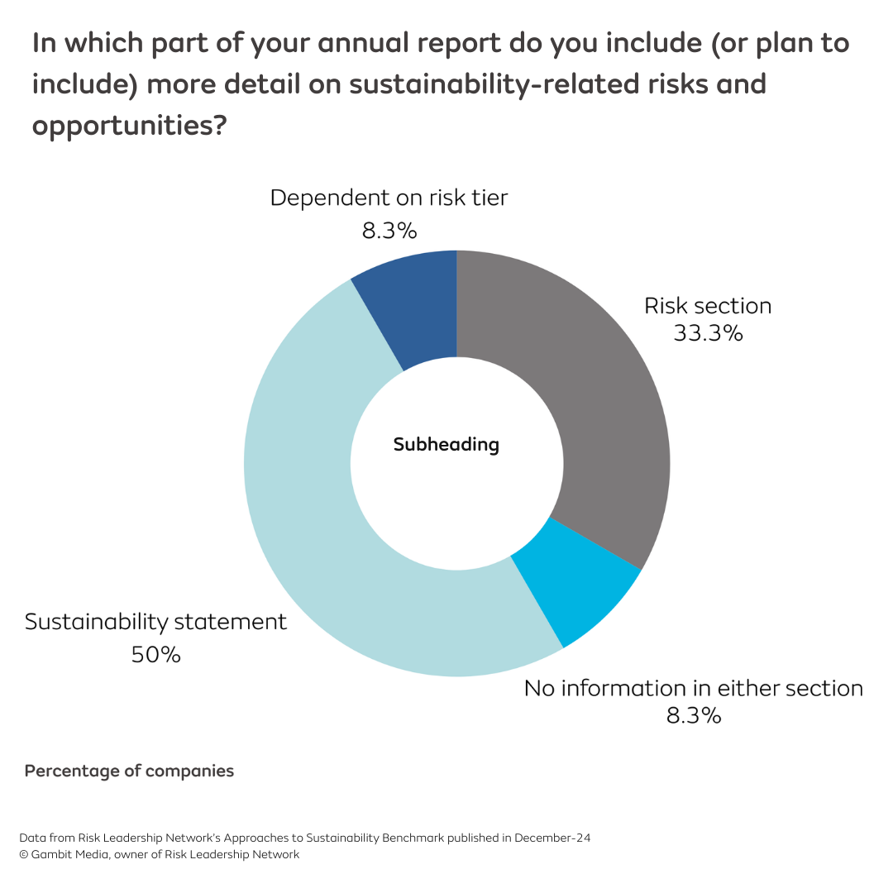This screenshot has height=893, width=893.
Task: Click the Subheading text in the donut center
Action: click(x=446, y=445)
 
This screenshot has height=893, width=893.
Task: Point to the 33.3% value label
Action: click(x=708, y=333)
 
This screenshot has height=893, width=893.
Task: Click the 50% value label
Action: click(x=155, y=655)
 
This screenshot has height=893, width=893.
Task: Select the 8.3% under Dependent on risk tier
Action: click(x=389, y=230)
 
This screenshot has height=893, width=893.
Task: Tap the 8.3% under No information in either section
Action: click(x=694, y=715)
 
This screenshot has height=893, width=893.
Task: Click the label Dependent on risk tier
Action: click(x=389, y=198)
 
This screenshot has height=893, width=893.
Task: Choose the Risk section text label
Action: click(x=708, y=306)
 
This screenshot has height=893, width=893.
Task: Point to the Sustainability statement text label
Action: click(x=155, y=622)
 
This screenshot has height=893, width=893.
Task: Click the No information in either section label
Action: click(x=694, y=688)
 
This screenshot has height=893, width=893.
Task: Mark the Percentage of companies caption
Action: click(x=129, y=771)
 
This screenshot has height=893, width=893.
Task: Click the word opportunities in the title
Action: click(x=119, y=126)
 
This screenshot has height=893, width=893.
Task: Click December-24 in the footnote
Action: click(x=552, y=838)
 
